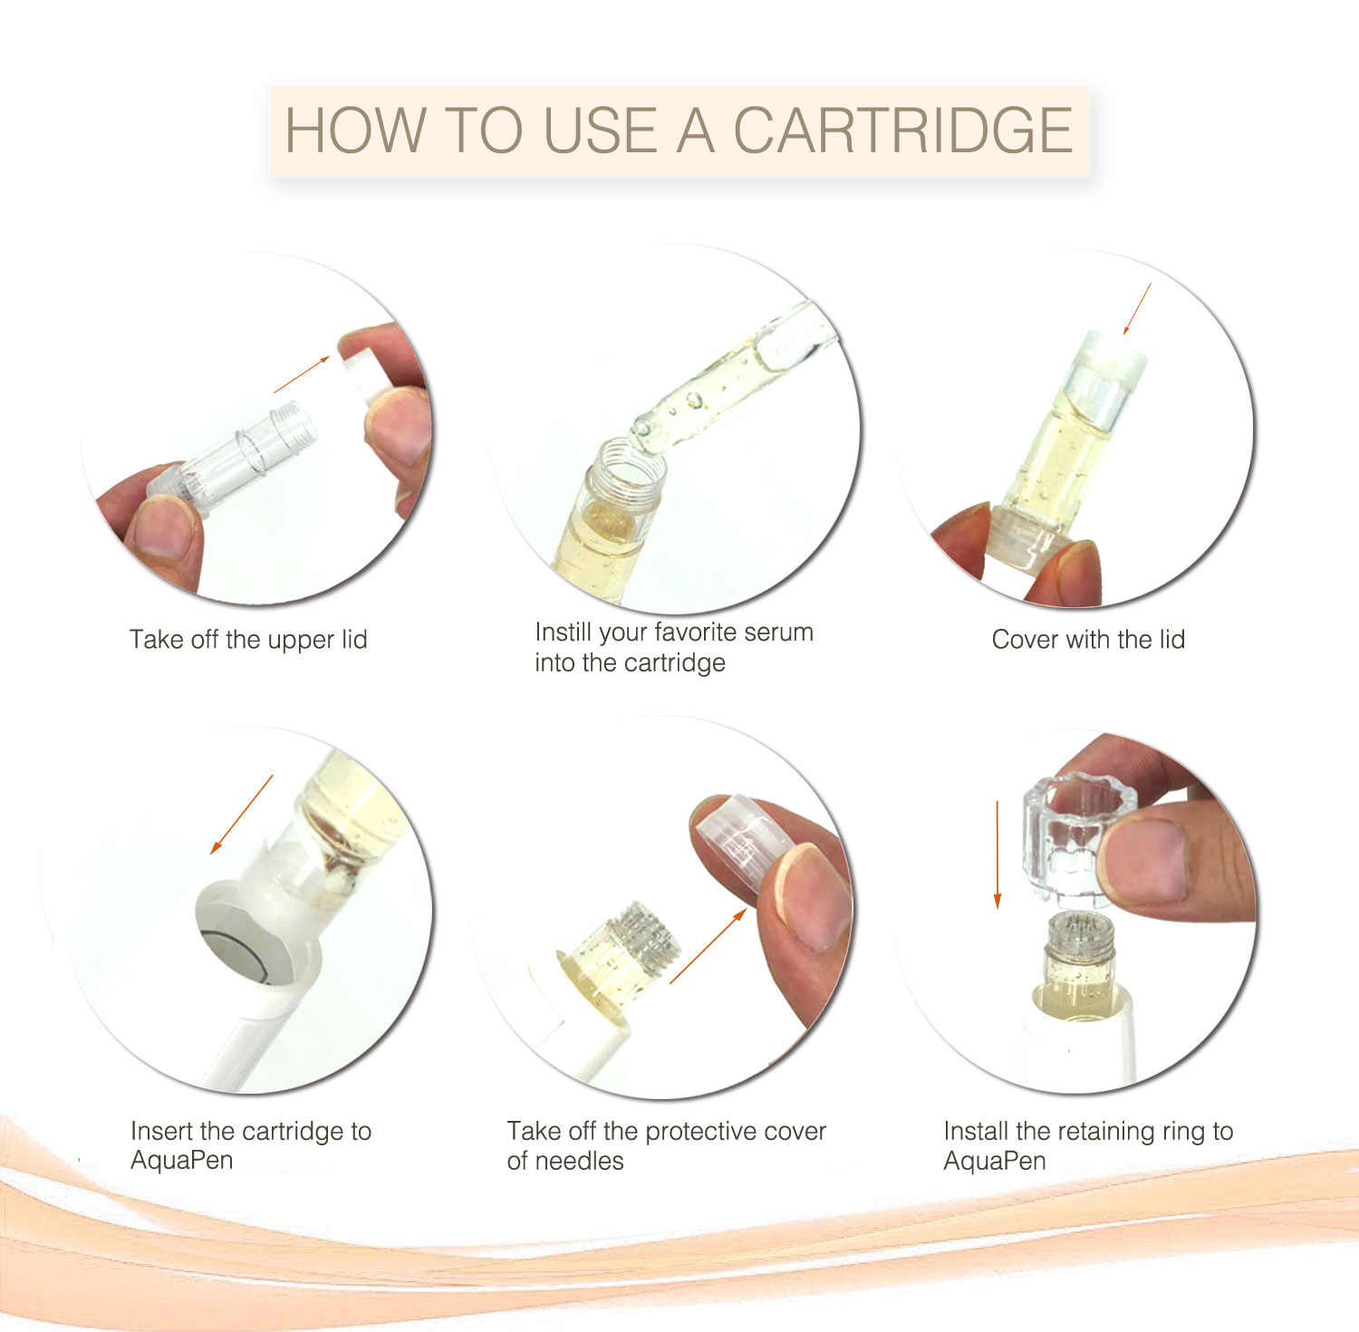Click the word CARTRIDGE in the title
pos(902,130)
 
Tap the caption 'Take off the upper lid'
pos(248,640)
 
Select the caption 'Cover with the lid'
pos(1088,640)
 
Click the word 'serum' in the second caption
pos(773,632)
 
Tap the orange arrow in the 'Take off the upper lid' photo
pos(302,374)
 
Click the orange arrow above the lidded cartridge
pos(1137,308)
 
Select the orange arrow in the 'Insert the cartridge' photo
pos(241,814)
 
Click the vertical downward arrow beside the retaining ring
pos(998,854)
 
